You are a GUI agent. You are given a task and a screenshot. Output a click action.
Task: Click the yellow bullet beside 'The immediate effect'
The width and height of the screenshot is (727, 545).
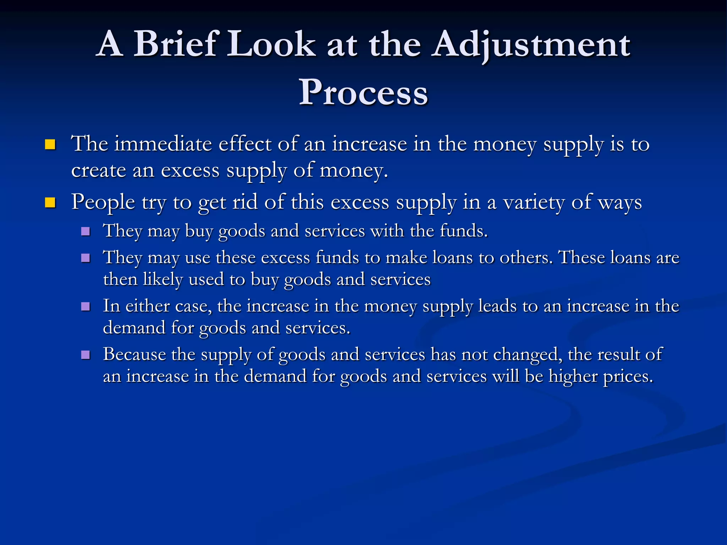50,145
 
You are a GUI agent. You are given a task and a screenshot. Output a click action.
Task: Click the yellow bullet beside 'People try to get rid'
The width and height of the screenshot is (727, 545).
50,203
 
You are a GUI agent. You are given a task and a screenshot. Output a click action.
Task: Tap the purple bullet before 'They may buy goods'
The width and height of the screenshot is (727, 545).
86,232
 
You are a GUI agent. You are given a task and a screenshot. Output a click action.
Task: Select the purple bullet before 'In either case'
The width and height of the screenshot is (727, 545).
86,307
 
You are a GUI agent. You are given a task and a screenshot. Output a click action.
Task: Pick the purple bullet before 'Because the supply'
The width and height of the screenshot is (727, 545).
86,355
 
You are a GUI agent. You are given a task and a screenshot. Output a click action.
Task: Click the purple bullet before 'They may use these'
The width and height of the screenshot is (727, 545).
86,258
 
